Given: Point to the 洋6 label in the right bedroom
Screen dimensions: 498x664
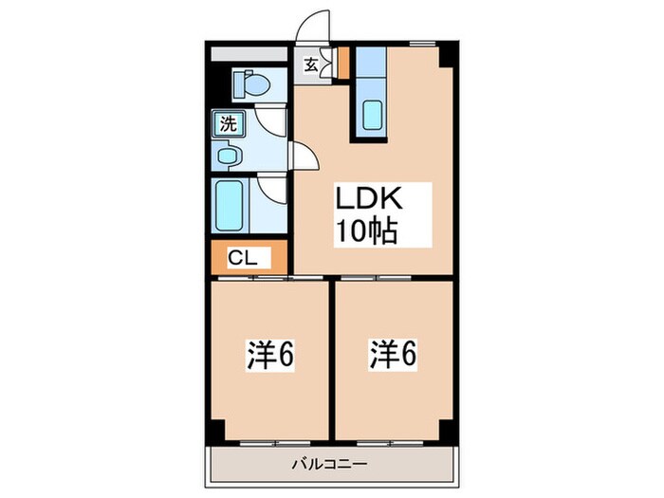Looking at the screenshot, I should coord(392,356).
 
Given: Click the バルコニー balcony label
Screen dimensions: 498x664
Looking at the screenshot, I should coord(332,465).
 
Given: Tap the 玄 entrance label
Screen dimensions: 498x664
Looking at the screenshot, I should coord(311,65).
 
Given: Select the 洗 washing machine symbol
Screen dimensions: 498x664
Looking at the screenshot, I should coord(228,122).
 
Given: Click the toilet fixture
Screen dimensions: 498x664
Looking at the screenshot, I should coord(251,83).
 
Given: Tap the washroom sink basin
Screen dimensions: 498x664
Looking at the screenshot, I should coord(230,153).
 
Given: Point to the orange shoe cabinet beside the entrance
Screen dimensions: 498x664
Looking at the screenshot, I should coord(343,63).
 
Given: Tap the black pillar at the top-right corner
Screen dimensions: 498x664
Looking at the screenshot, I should coord(449,58).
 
